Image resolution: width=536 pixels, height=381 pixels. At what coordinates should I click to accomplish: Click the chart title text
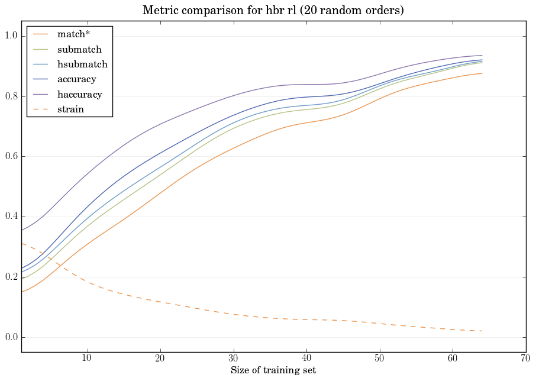point(273,11)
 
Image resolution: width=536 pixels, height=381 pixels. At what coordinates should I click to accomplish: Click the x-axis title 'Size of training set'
point(273,370)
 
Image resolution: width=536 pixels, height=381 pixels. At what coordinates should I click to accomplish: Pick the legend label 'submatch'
point(79,50)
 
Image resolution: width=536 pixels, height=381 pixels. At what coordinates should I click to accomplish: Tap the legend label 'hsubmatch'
point(82,64)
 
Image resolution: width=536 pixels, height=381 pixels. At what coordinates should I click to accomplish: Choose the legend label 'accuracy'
point(76,79)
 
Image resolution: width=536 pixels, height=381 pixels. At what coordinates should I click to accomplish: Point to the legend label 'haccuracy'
point(79,94)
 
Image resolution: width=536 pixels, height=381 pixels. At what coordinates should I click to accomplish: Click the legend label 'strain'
point(70,109)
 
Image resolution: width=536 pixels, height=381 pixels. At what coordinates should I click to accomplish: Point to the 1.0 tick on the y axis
point(11,36)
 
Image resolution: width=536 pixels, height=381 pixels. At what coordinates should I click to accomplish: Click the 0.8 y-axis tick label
point(11,96)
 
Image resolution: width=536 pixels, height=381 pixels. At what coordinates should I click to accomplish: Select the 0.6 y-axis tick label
point(11,157)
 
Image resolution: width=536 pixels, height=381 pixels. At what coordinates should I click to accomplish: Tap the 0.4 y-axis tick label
point(11,217)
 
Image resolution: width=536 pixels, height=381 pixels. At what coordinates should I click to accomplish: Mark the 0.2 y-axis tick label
point(11,277)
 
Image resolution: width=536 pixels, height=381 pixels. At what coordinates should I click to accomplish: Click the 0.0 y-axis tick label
point(11,337)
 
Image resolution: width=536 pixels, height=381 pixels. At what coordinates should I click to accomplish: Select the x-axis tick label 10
point(88,358)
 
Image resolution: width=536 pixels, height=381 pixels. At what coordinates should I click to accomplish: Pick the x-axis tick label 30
point(234,358)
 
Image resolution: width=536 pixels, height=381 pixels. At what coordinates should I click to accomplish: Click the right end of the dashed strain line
point(482,331)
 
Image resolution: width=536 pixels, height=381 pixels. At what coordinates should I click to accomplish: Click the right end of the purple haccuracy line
point(482,56)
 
